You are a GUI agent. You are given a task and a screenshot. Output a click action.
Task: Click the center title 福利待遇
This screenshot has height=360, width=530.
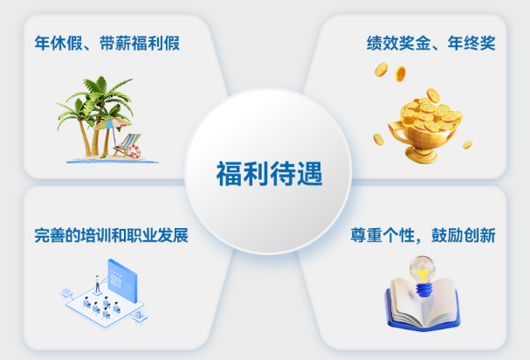point(270,173)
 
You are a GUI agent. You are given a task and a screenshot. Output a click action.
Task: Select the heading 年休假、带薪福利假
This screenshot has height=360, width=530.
point(107,44)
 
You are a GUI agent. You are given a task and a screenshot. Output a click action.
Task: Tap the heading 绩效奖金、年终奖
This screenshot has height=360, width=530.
point(431,44)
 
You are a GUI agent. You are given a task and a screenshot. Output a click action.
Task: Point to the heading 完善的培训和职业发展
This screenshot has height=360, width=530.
point(111,236)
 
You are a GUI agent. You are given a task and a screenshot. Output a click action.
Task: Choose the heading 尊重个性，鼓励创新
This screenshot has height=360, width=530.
point(423,236)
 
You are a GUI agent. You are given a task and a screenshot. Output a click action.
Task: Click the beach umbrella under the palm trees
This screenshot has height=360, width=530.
point(112,124)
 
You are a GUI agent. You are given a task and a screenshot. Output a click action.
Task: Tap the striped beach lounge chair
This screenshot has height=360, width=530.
point(127,145)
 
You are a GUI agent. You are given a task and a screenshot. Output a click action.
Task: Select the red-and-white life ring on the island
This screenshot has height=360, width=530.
point(134,151)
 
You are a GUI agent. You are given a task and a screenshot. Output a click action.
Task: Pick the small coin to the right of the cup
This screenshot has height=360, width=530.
point(467,145)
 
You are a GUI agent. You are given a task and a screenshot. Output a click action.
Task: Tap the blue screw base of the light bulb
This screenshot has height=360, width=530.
point(423,290)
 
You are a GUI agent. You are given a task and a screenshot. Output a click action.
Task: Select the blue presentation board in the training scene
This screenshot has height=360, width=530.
point(122,280)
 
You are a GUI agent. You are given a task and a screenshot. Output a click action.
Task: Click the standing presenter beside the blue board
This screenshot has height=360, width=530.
point(97,283)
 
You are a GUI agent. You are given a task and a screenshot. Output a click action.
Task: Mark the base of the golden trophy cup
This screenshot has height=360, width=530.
point(422,156)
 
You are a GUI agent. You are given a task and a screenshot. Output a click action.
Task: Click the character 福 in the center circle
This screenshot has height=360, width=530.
point(229,173)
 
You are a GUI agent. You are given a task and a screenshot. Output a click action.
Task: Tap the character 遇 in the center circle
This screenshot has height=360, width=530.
point(310,173)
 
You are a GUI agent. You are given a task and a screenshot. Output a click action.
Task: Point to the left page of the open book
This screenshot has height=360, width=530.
point(405,301)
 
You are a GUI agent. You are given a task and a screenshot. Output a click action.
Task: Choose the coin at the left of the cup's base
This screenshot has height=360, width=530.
point(379,140)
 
